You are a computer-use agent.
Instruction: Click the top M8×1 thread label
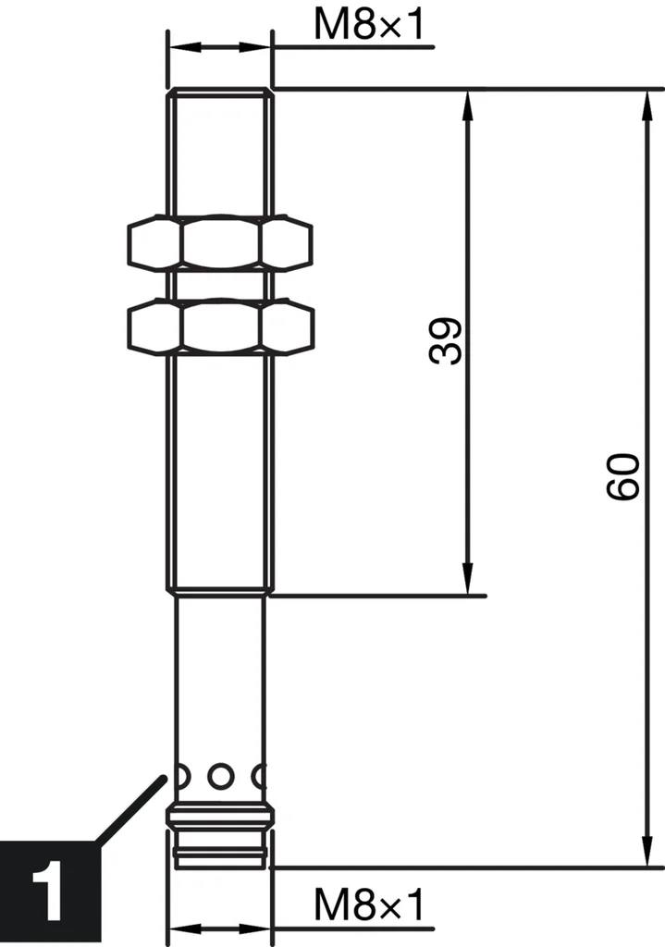click(x=368, y=25)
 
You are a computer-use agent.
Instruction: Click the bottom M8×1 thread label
click(x=368, y=905)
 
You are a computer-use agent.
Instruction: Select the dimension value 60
click(x=623, y=477)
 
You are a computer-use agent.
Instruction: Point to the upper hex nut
click(x=219, y=244)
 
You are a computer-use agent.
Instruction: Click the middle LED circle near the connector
click(x=220, y=775)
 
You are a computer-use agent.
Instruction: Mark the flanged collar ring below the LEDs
click(x=220, y=816)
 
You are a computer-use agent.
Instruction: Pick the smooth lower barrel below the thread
click(x=220, y=675)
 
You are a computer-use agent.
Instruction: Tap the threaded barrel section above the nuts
click(x=220, y=153)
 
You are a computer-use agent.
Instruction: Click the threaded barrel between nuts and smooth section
click(x=220, y=472)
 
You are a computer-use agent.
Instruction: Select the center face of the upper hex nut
click(x=219, y=244)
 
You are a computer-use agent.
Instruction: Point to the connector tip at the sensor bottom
click(x=220, y=851)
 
